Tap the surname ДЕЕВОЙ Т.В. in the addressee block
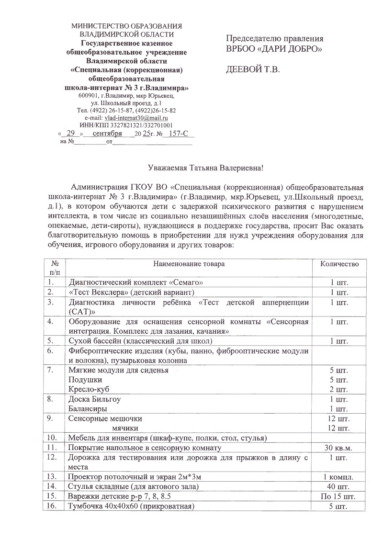point(253,69)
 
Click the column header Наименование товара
point(189,264)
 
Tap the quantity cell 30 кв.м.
point(338,448)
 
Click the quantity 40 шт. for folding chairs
point(338,486)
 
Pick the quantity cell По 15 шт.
point(338,496)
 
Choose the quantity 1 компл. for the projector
point(338,477)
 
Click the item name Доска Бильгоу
point(94,399)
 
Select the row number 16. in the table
point(53,506)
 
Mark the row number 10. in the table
point(53,438)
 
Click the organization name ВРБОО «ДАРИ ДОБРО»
point(274,49)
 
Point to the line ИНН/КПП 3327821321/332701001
point(126,125)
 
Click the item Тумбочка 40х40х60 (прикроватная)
point(132,506)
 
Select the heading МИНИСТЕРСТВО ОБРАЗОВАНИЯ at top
point(126,26)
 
